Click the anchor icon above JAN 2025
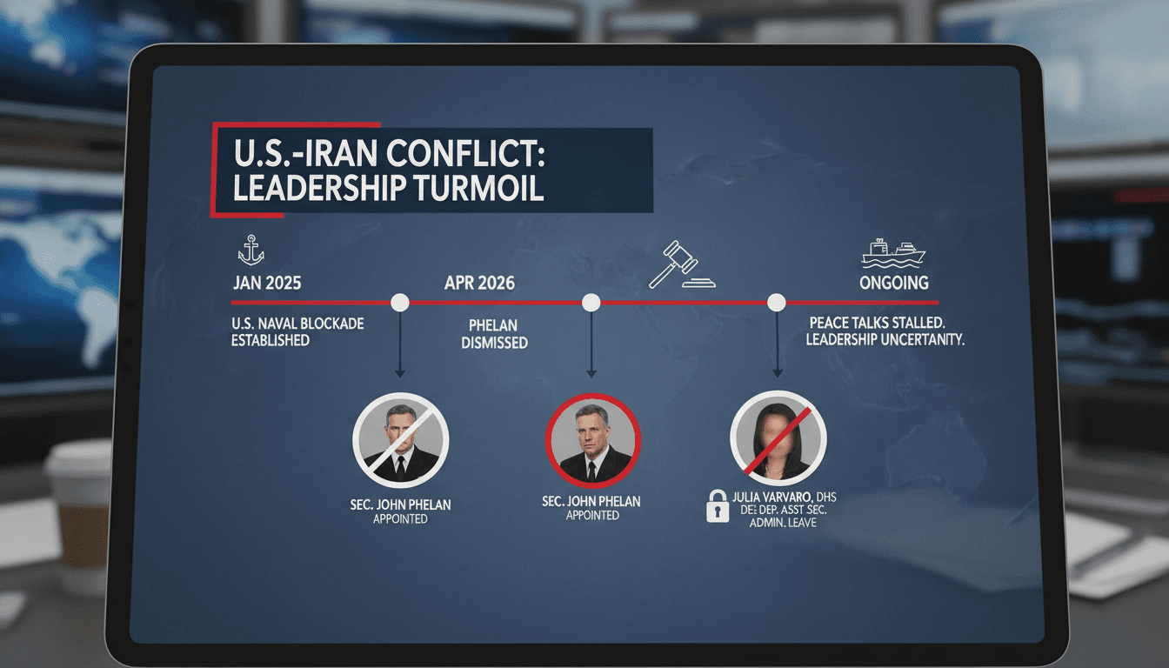[250, 251]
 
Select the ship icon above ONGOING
[892, 251]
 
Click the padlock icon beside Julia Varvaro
[717, 505]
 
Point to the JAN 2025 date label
[268, 284]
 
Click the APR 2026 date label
[478, 284]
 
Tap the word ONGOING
[893, 284]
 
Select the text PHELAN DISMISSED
[495, 334]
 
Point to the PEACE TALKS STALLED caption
[885, 331]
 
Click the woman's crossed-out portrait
[778, 440]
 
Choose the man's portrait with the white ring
[400, 440]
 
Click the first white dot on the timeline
[400, 303]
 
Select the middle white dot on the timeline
[591, 303]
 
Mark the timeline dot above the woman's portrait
[776, 303]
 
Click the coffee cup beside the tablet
[79, 514]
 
